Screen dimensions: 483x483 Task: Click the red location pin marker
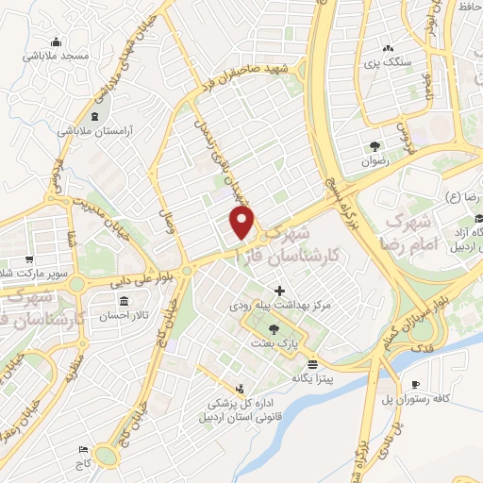(x=242, y=224)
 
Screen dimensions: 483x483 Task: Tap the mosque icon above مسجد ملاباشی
(x=57, y=42)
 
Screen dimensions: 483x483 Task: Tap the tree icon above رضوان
(x=375, y=145)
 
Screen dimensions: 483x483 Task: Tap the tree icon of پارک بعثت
(x=274, y=329)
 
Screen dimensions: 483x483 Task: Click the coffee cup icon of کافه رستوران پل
(x=415, y=384)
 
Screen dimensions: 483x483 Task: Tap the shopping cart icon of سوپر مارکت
(x=30, y=259)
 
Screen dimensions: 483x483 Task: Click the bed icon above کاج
(x=84, y=448)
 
